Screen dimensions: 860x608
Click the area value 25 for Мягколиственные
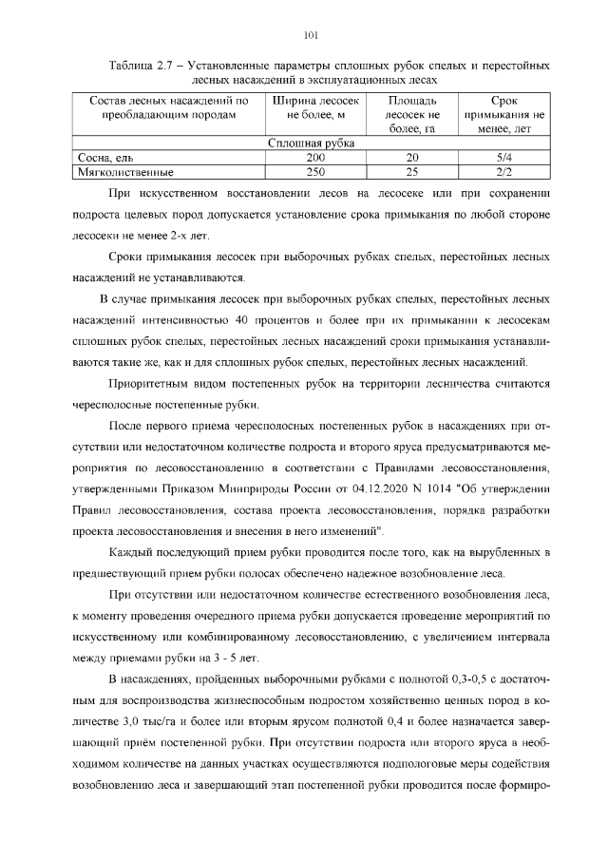pyautogui.click(x=412, y=172)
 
